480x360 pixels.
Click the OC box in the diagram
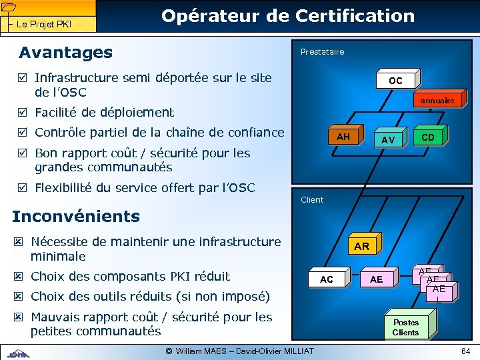click(x=395, y=80)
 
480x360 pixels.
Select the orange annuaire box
click(x=437, y=100)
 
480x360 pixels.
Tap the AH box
click(x=343, y=137)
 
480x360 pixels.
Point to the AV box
click(x=388, y=139)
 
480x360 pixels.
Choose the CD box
click(x=428, y=137)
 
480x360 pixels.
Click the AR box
click(x=361, y=246)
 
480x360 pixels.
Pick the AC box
click(x=327, y=279)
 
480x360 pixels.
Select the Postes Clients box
click(x=405, y=327)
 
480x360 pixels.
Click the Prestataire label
click(x=322, y=51)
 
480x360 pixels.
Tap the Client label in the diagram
click(x=312, y=199)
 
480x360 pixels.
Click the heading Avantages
click(x=65, y=52)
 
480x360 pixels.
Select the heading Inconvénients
click(x=76, y=216)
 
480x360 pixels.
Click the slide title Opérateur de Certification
click(x=288, y=15)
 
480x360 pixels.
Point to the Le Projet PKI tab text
click(x=44, y=25)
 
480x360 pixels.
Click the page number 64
click(x=465, y=351)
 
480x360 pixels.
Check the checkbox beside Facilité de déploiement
click(x=22, y=112)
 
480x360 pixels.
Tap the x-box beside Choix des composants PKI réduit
click(x=19, y=276)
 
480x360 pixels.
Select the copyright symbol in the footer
click(x=169, y=351)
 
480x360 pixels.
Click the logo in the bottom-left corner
click(x=19, y=353)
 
